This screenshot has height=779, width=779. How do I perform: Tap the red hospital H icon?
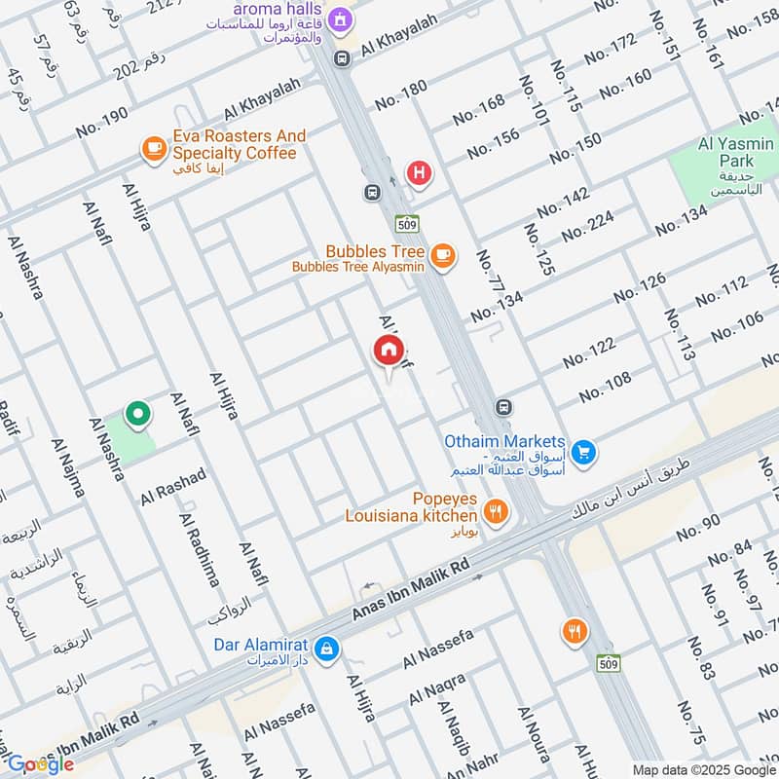click(420, 174)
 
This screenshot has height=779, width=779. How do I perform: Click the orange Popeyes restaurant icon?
click(496, 512)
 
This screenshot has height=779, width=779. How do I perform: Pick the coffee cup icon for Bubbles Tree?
click(443, 255)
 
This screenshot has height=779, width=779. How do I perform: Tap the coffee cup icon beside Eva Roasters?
click(153, 147)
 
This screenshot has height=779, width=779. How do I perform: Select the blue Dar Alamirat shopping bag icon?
click(329, 648)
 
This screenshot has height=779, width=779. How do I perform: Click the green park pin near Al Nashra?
click(138, 416)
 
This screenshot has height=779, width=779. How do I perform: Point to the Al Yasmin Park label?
click(736, 145)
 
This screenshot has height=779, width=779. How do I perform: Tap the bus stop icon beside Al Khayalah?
click(342, 59)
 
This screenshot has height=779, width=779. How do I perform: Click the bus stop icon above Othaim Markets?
click(502, 406)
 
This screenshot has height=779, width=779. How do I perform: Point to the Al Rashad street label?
click(173, 486)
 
